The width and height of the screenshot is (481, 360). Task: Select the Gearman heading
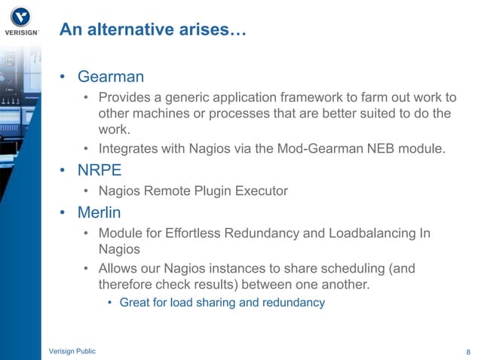(x=111, y=77)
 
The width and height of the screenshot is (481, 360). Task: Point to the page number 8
(x=468, y=352)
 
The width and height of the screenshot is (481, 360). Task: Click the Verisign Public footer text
(x=72, y=351)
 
